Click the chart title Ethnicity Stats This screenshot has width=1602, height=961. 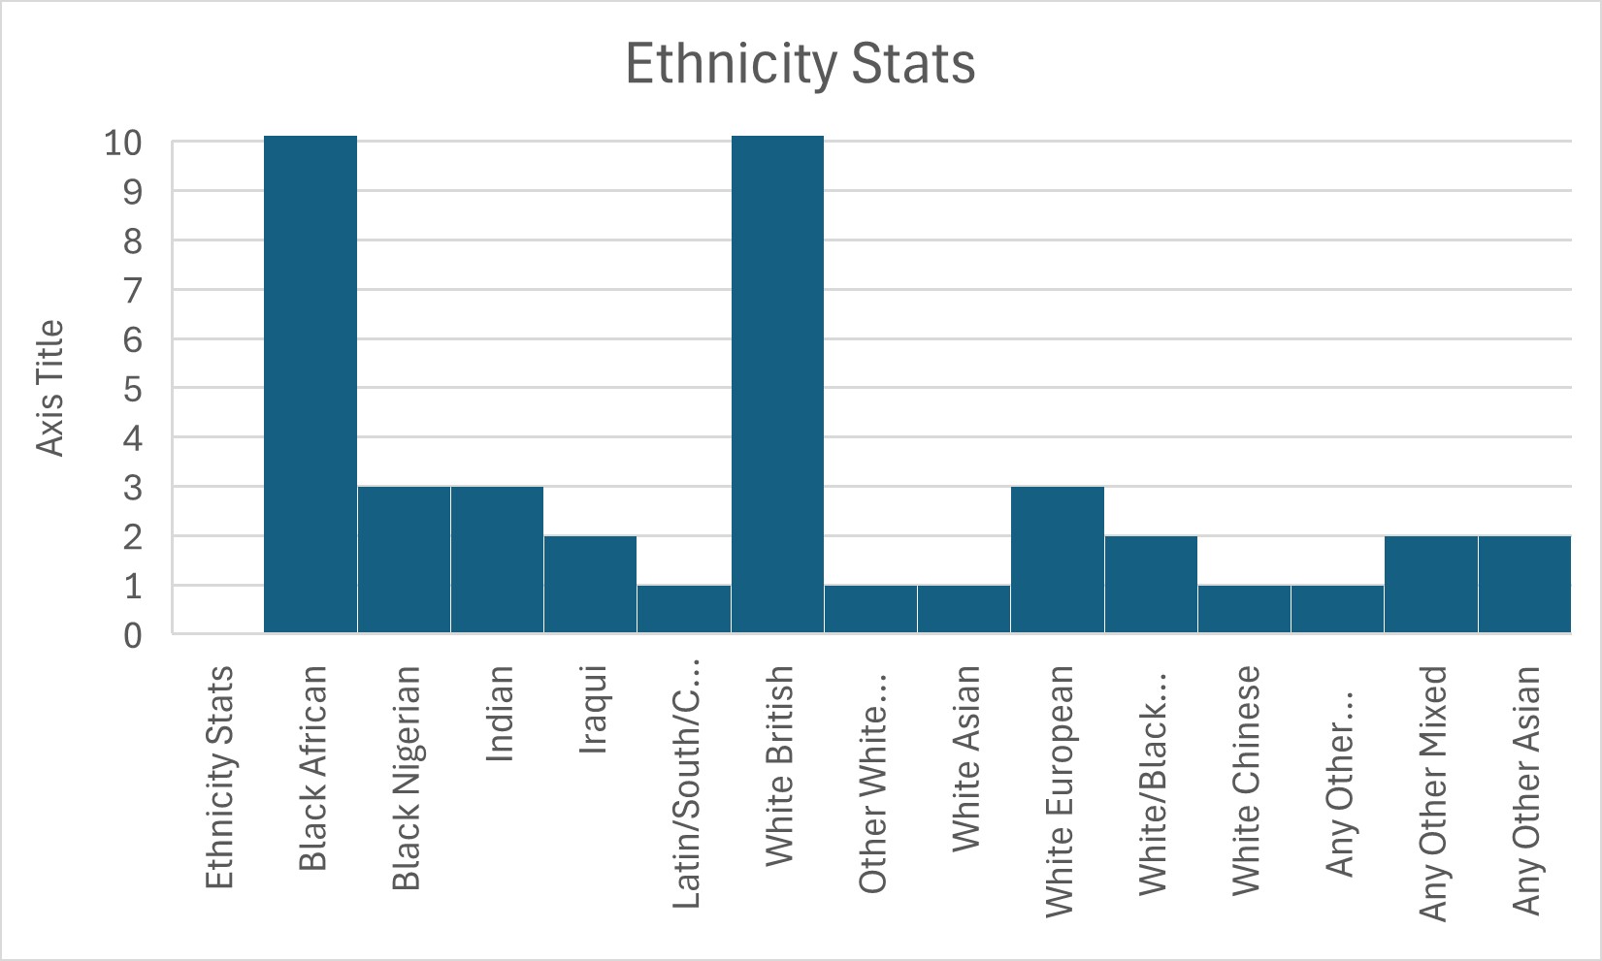click(x=800, y=64)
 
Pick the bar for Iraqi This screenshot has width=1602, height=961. click(x=590, y=585)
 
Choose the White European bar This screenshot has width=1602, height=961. click(x=1058, y=560)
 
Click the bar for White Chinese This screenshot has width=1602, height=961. click(x=1244, y=609)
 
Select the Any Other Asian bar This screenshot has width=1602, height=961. click(x=1524, y=585)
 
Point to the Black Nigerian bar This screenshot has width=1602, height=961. click(x=404, y=560)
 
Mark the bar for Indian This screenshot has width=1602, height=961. click(x=497, y=560)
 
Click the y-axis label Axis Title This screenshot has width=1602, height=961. click(x=49, y=388)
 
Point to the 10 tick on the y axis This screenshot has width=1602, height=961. click(x=123, y=143)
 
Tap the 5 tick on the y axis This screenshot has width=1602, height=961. click(x=132, y=389)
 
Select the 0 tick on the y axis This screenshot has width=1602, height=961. click(x=132, y=636)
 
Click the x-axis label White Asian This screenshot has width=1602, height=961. click(x=965, y=759)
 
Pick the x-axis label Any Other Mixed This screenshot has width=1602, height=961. click(x=1432, y=793)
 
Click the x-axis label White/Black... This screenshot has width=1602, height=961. click(x=1152, y=781)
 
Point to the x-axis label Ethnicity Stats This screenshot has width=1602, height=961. click(x=219, y=777)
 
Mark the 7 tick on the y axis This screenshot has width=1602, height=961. click(x=132, y=290)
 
